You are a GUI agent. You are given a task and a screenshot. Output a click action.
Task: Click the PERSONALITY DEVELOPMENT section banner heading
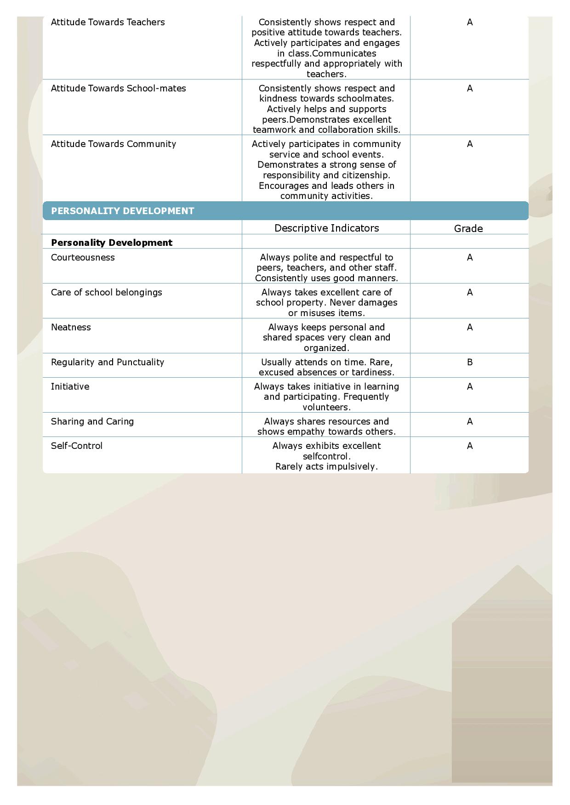(x=123, y=211)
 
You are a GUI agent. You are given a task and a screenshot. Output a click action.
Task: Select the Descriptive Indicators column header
(x=326, y=228)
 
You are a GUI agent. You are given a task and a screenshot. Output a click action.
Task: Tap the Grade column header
(x=468, y=228)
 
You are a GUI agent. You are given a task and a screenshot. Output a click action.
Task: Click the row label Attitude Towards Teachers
(x=108, y=22)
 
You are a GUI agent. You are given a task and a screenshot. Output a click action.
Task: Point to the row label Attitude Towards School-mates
(x=119, y=88)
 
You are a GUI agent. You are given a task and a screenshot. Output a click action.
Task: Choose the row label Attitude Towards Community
(x=114, y=144)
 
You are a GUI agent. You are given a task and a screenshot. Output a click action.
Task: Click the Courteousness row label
(x=83, y=257)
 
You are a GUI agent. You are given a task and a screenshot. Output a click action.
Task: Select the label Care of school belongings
(x=107, y=292)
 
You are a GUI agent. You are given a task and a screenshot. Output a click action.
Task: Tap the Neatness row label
(x=71, y=327)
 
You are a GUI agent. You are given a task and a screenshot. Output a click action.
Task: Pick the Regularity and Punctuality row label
(x=108, y=362)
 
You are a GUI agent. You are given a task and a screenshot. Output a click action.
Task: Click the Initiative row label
(x=70, y=386)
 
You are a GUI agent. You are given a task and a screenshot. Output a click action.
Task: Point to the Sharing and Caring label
(x=92, y=421)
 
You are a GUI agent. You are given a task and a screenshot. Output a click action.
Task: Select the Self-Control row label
(x=77, y=446)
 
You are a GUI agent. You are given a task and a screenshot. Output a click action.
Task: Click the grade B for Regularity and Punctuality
(x=470, y=362)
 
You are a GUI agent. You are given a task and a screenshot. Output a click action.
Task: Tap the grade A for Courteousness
(x=470, y=257)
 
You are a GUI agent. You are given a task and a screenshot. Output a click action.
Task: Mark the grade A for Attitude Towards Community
(x=470, y=144)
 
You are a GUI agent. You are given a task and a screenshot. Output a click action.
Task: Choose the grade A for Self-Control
(x=470, y=446)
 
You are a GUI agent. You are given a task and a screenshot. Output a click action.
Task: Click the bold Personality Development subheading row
(x=112, y=243)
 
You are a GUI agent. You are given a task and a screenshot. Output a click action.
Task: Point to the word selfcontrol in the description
(x=326, y=456)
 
